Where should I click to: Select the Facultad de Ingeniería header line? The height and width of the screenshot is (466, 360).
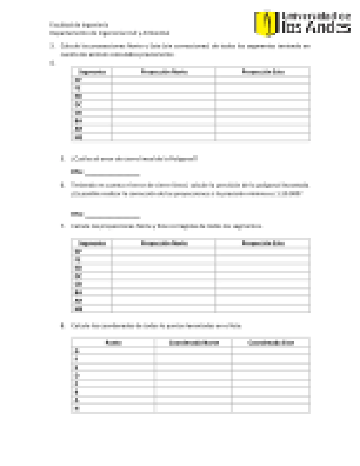click(79, 25)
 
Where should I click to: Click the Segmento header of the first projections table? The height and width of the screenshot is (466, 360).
click(91, 72)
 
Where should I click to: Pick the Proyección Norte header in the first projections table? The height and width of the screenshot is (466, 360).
click(164, 72)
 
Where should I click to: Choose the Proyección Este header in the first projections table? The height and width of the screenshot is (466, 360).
click(263, 72)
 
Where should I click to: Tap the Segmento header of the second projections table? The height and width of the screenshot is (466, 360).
click(91, 243)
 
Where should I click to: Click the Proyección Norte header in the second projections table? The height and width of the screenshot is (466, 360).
click(164, 243)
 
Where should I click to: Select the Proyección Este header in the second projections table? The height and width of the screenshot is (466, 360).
click(263, 243)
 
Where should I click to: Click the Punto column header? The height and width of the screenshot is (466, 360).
click(114, 343)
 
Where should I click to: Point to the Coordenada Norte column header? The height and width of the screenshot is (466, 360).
click(194, 343)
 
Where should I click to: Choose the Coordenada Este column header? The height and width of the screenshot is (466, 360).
click(271, 343)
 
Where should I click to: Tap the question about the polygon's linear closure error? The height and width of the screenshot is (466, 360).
click(134, 159)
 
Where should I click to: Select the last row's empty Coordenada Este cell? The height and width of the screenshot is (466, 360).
click(271, 408)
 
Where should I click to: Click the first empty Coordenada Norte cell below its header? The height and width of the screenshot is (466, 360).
click(194, 351)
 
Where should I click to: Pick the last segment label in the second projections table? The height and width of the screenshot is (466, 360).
click(79, 309)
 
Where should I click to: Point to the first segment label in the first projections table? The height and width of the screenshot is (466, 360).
click(78, 80)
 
